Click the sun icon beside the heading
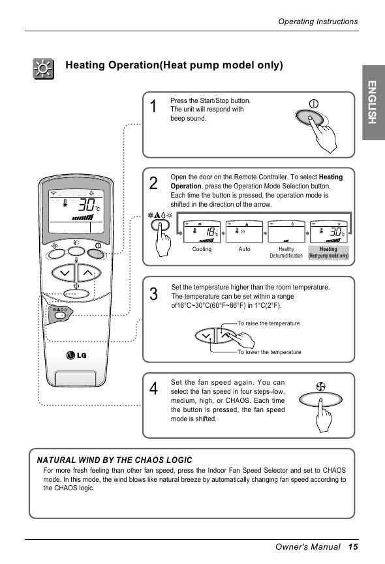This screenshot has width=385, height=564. tap(44, 68)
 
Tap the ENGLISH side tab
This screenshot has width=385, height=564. tap(373, 102)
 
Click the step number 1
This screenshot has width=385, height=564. tap(153, 106)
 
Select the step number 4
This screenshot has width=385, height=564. tap(153, 389)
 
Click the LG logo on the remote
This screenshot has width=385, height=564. tap(76, 355)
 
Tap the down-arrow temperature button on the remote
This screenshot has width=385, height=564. tap(64, 273)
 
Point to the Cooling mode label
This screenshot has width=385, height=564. tap(202, 249)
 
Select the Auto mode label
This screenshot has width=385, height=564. tap(244, 249)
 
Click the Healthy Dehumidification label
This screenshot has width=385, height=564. tap(286, 252)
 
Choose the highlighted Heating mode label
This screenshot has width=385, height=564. tap(328, 252)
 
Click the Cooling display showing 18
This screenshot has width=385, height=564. tap(202, 232)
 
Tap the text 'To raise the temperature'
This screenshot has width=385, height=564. tap(268, 323)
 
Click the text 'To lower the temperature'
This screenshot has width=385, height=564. tap(269, 352)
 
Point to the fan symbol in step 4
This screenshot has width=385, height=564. tap(320, 387)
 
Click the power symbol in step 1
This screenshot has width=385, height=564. tap(314, 104)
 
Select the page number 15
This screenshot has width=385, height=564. tap(353, 547)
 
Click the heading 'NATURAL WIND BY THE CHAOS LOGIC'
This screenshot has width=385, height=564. tap(114, 460)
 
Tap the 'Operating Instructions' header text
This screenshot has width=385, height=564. tap(318, 22)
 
